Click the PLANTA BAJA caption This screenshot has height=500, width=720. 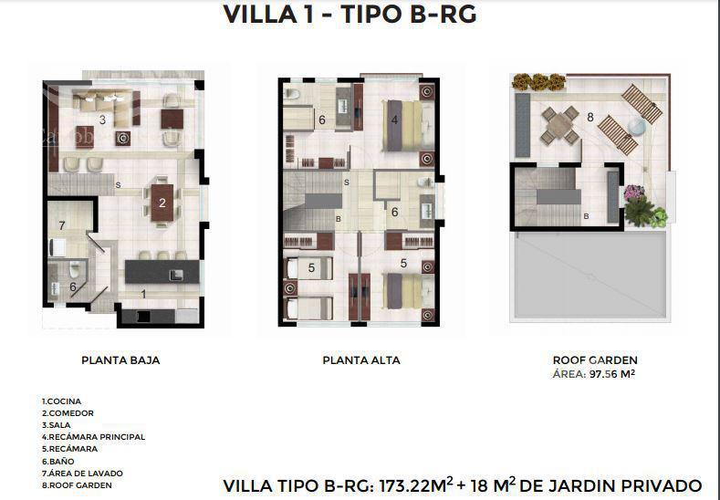pos(120,360)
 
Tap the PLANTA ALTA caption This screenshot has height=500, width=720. pos(361,360)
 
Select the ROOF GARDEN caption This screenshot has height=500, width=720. pos(595,360)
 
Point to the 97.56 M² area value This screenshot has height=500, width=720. pos(612,374)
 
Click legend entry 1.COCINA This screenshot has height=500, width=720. pos(61,401)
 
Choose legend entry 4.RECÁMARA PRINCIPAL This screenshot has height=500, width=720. pos(94,437)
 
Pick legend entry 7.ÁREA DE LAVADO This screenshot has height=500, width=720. pos(83,474)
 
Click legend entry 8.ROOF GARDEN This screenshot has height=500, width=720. pos(77,485)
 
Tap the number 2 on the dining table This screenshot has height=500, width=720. pos(162,203)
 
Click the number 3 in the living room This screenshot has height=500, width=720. pos(102,120)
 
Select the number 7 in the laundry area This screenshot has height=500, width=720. pos(62,225)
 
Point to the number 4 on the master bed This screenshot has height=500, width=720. pos(394,120)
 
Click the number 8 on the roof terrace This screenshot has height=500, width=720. pos(590,117)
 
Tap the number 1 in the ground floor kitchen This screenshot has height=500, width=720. pos(143,294)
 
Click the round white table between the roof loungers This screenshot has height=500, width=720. pos(637,125)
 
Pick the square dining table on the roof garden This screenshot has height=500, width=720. pos(559,125)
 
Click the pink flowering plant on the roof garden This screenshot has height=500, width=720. pos(633,193)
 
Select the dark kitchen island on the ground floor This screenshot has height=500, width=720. pos(162,271)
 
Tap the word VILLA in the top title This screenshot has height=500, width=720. pos(260,15)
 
